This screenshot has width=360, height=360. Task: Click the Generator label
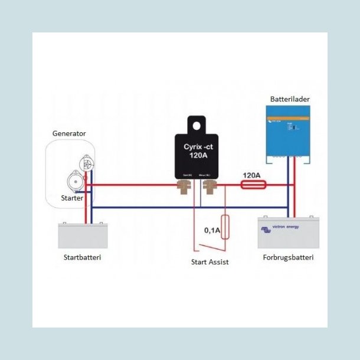[69, 133]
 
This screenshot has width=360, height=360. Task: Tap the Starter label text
[73, 198]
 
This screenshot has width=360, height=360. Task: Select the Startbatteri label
[82, 257]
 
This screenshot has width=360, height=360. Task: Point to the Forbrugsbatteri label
[289, 258]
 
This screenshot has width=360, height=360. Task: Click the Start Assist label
[210, 262]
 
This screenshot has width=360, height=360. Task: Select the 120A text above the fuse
[252, 175]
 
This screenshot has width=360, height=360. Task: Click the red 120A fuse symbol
[254, 185]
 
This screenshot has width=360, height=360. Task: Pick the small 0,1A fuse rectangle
[225, 228]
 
